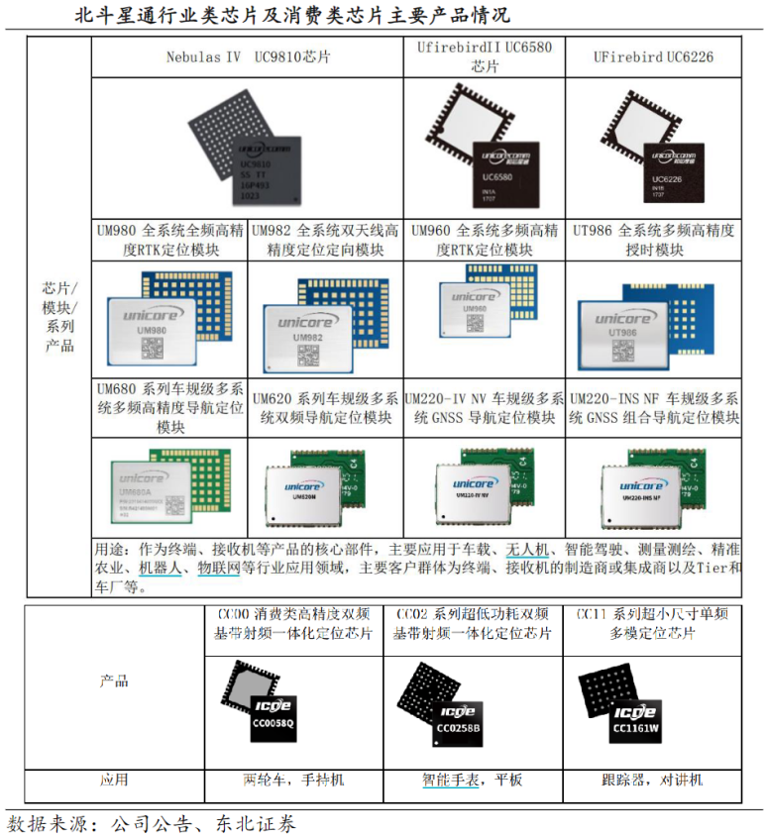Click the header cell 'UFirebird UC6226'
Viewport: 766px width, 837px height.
[x=653, y=56]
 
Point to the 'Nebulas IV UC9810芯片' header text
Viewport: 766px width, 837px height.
[x=248, y=56]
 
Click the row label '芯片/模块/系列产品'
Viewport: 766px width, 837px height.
[x=59, y=317]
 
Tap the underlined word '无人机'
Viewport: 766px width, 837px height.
[x=527, y=550]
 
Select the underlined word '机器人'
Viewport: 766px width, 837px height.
[x=159, y=568]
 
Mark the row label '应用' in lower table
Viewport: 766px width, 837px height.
[x=113, y=780]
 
